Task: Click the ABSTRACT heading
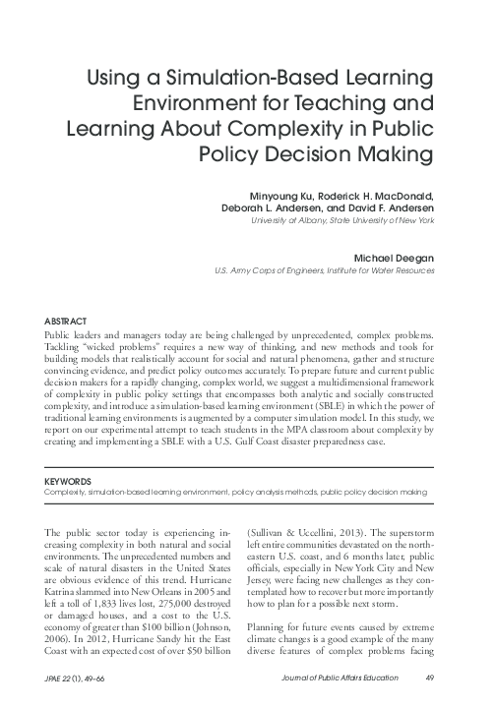(66, 322)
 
